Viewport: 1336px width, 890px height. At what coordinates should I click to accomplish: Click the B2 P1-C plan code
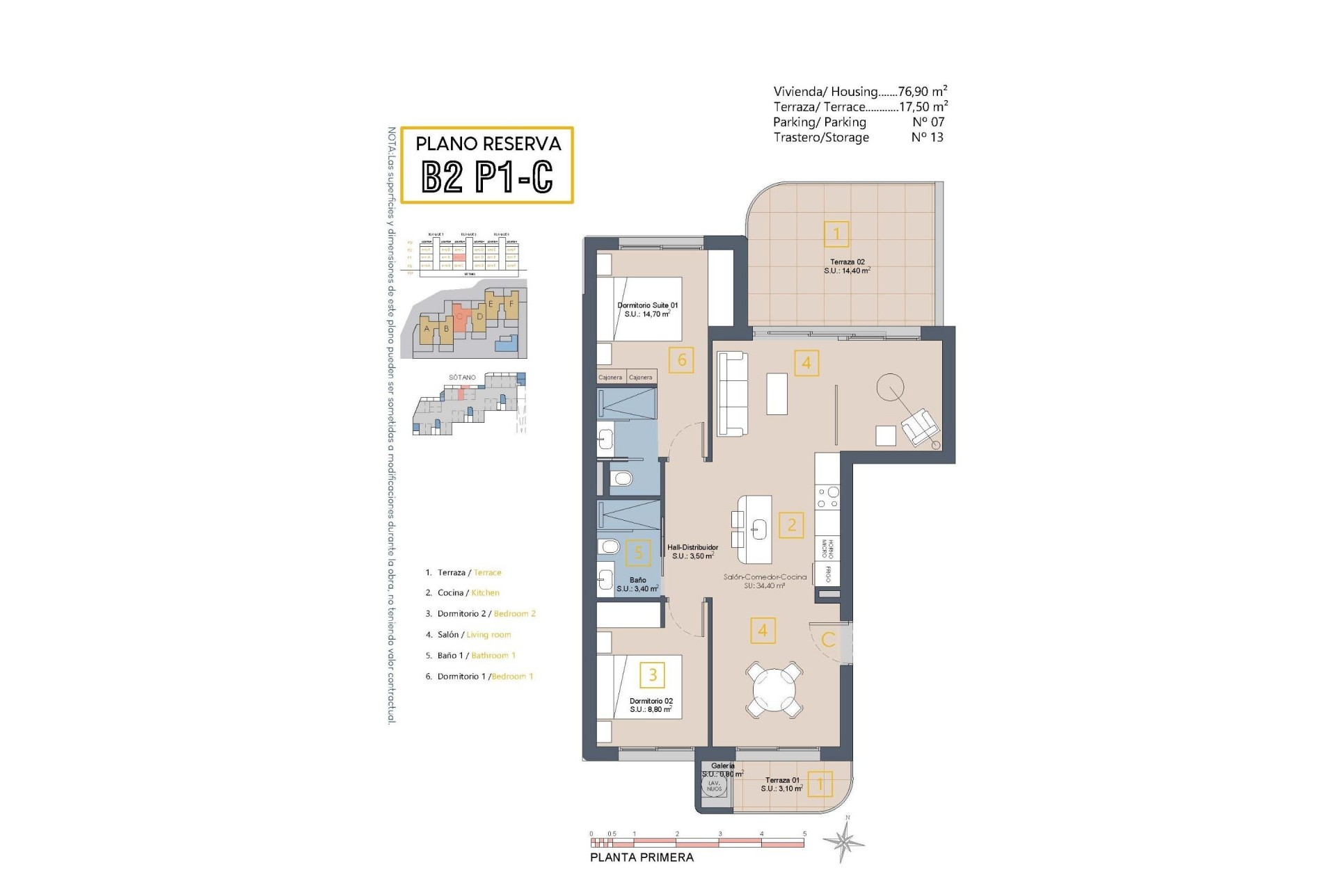coord(487,177)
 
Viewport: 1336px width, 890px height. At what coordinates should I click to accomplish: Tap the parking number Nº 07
coord(928,122)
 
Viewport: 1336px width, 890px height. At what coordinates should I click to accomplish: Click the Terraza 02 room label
coord(847,266)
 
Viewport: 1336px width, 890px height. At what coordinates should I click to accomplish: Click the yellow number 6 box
coord(681,360)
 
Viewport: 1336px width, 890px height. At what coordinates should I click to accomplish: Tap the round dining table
coord(774,689)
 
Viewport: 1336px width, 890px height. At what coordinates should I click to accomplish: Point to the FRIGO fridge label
coord(828,574)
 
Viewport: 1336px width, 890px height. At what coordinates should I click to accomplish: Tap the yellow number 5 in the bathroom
coord(638,553)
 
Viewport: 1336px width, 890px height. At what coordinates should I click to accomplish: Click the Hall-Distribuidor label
coord(692,551)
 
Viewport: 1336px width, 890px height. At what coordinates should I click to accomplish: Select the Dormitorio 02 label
coord(651,705)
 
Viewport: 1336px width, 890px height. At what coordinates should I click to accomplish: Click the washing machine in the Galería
coord(715,786)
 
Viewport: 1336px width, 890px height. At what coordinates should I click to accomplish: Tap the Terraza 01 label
coord(782,784)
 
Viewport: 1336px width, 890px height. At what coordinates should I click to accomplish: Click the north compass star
coord(844,841)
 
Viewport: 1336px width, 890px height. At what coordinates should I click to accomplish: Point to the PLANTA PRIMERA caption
coord(642,857)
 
